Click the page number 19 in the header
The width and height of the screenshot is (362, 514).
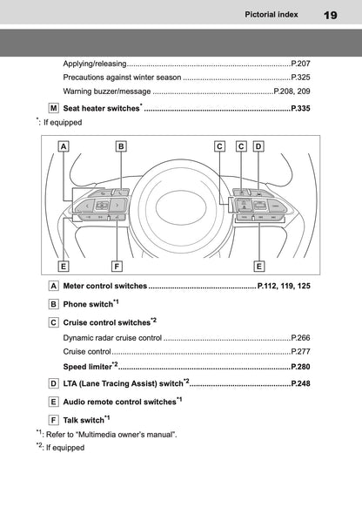[x=330, y=15]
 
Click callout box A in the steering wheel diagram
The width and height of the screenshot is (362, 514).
[x=64, y=146]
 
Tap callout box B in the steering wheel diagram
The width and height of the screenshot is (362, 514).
[x=121, y=146]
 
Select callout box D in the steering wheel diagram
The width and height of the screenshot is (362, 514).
[x=258, y=146]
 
